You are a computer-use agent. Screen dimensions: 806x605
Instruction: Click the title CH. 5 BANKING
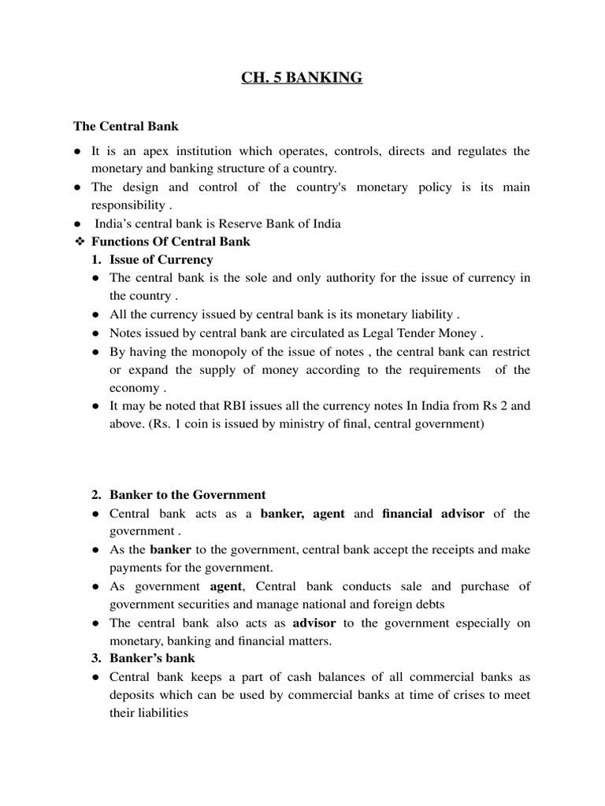tap(302, 78)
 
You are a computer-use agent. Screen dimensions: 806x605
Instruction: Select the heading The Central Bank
tap(126, 125)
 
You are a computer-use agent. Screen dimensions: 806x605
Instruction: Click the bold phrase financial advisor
tap(433, 514)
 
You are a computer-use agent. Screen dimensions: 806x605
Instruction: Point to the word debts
tap(429, 604)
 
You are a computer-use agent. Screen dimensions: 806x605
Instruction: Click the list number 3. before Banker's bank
tap(97, 658)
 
